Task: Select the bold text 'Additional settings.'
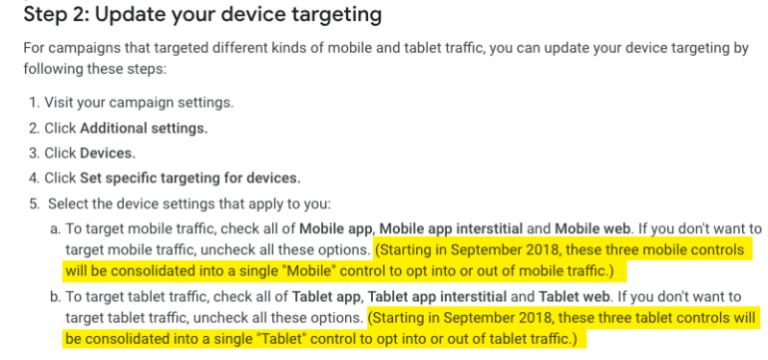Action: click(144, 129)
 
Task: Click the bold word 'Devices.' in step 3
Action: click(108, 154)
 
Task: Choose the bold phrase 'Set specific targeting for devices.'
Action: click(191, 179)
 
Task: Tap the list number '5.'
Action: click(34, 203)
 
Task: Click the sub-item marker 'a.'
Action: click(55, 228)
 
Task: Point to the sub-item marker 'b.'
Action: click(55, 297)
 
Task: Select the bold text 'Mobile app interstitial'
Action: click(452, 228)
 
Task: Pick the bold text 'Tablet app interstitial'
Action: click(437, 297)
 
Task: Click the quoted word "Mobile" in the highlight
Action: click(313, 271)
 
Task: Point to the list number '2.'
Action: click(34, 129)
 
